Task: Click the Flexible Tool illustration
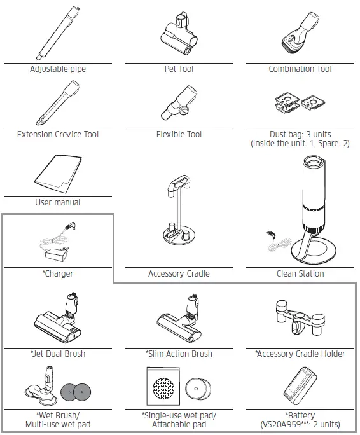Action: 179,102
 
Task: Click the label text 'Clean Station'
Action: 300,274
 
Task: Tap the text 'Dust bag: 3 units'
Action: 301,135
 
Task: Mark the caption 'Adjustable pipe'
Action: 58,69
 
